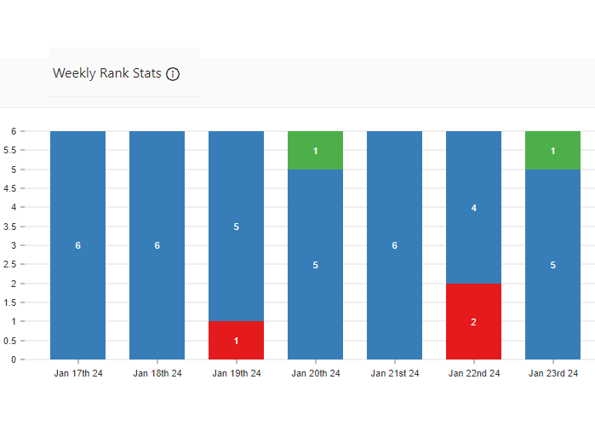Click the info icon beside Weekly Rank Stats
(x=173, y=74)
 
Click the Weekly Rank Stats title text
(x=106, y=73)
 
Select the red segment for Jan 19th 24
(x=236, y=340)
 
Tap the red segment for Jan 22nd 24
(x=473, y=321)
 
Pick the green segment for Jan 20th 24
(x=315, y=151)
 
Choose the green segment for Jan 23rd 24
(x=552, y=151)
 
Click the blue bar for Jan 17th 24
(x=77, y=245)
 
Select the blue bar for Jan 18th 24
(x=157, y=245)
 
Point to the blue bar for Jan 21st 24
(x=394, y=245)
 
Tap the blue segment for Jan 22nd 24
(x=473, y=207)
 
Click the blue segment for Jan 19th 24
(x=236, y=227)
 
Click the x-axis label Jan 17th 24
(x=77, y=374)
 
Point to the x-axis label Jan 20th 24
(x=315, y=374)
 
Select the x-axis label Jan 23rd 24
(x=552, y=374)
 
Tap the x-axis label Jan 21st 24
(x=394, y=374)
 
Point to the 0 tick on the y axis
(x=14, y=359)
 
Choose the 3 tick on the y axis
(x=14, y=245)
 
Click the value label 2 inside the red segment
(x=473, y=322)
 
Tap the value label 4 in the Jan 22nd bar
(x=473, y=207)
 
